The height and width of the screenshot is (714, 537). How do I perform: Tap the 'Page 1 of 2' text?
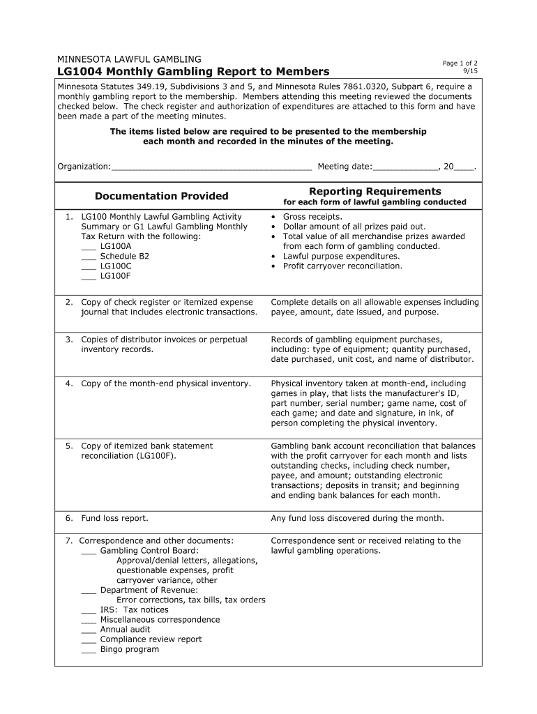[x=460, y=63]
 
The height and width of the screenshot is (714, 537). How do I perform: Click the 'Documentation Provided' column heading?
[x=162, y=197]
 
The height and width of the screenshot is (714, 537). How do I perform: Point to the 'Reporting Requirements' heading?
[x=375, y=192]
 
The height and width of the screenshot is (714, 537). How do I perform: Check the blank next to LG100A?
[x=88, y=247]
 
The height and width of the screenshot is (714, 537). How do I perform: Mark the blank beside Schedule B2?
[x=88, y=257]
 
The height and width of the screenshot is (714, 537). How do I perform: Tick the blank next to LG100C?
[x=88, y=266]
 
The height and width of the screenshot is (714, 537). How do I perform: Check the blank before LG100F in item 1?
[x=88, y=276]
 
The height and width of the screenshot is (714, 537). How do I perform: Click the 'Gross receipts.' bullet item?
[x=312, y=217]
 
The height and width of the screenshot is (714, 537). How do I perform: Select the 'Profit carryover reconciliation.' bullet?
[x=342, y=266]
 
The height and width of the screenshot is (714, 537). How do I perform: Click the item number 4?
[x=70, y=383]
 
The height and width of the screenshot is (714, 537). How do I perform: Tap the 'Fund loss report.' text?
[x=114, y=518]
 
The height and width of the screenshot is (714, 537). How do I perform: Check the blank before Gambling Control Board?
[x=88, y=551]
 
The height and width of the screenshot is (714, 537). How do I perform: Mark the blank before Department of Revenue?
[x=88, y=591]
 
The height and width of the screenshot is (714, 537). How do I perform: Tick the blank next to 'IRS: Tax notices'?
[x=88, y=610]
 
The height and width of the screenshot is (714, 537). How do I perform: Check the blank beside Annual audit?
[x=88, y=630]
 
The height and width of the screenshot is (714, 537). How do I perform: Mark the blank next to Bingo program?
[x=88, y=650]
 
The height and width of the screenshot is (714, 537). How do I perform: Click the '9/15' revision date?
[x=470, y=72]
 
